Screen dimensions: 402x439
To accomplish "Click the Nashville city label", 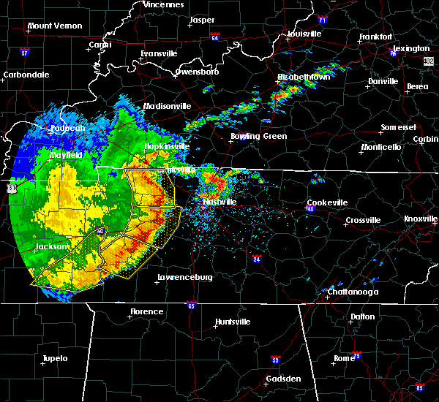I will (x=219, y=202).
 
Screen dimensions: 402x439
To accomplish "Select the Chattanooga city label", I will (x=352, y=292).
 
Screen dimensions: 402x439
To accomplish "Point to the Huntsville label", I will (x=233, y=322).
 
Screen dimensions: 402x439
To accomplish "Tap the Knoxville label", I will (x=421, y=219).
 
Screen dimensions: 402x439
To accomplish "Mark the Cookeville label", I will (x=326, y=202).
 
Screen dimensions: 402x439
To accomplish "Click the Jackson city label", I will (x=51, y=247).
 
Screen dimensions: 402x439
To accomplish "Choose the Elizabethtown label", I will (x=304, y=76).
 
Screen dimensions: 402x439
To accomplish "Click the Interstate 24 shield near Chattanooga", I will (x=257, y=258).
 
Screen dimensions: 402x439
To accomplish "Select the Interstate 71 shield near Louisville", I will (x=323, y=21).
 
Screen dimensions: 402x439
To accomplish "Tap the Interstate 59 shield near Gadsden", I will (x=275, y=360).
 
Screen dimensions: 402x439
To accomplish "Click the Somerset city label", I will (x=398, y=128).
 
